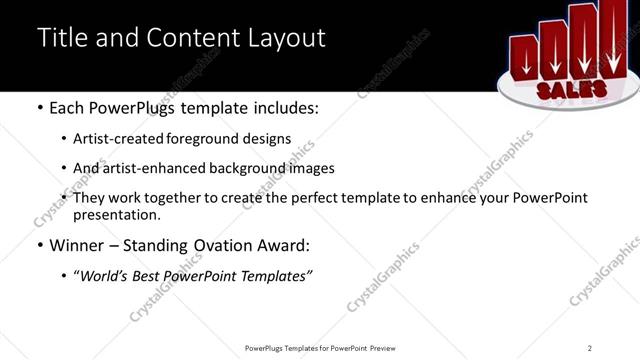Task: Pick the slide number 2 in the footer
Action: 590,347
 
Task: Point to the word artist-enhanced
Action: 141,168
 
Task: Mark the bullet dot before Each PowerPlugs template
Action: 39,107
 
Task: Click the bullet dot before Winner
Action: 39,245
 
